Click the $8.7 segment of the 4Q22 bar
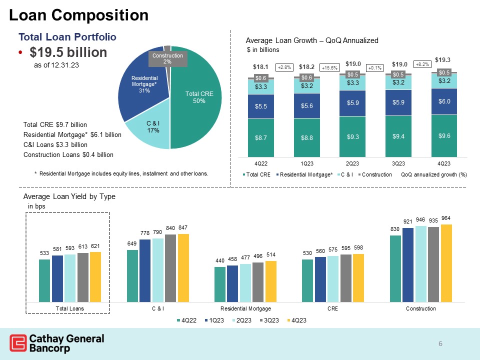point(260,137)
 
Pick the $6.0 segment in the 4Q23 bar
point(444,101)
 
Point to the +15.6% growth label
point(330,67)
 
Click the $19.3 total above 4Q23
point(443,59)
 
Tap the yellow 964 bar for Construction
point(446,263)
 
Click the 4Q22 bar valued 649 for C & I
point(133,276)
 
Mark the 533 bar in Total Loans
point(45,281)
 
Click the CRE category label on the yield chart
point(333,309)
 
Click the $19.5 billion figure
point(68,52)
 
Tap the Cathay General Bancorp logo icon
point(18,343)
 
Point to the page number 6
point(440,343)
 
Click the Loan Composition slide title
point(79,15)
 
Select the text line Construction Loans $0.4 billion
point(68,154)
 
